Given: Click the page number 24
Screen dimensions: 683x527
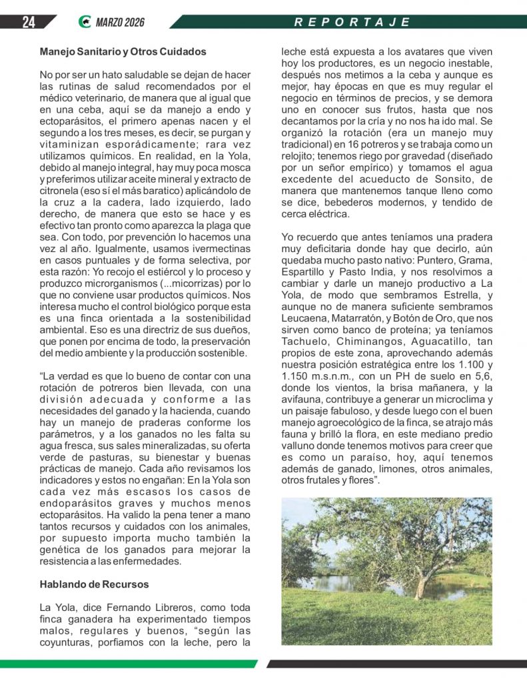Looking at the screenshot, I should click(28, 22).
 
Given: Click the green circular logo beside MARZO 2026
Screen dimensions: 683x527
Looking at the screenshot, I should click(85, 22).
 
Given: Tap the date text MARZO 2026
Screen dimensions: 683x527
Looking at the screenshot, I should click(120, 22).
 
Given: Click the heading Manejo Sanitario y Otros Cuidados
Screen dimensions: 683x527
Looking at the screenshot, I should click(123, 51).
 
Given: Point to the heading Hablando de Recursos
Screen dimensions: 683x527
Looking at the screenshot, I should click(94, 584).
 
